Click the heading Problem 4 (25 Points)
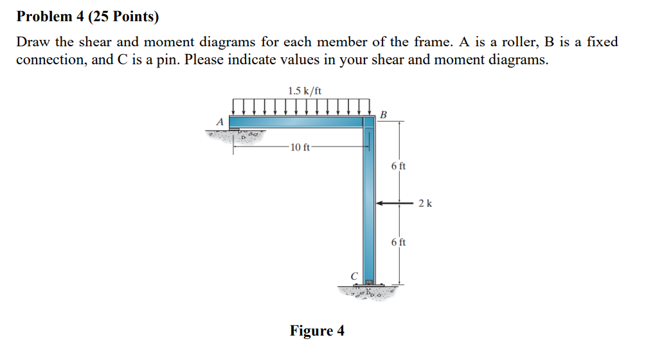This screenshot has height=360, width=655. tap(87, 17)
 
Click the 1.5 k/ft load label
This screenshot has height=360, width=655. tap(305, 91)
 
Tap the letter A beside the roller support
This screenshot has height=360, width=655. tap(220, 122)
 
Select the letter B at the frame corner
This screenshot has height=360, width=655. tap(384, 115)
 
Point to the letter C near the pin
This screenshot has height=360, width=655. tap(353, 276)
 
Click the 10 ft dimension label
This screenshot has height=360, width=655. tap(300, 148)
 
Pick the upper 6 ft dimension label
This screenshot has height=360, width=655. tap(398, 166)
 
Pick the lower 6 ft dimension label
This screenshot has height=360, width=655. tap(398, 242)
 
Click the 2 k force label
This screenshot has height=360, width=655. tap(425, 204)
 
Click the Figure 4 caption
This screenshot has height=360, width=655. tap(317, 331)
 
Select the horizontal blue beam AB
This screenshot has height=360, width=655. tap(296, 122)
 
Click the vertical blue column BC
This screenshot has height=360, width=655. tap(368, 206)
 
